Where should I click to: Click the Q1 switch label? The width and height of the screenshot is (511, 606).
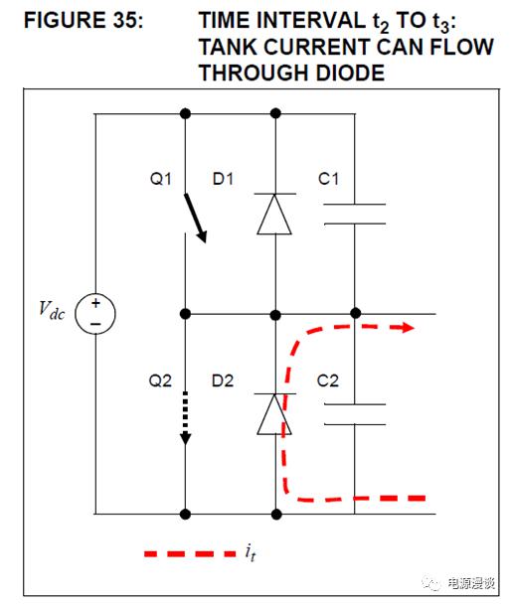160,179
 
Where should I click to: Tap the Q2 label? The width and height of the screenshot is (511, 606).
160,381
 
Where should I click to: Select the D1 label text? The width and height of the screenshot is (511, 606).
223,179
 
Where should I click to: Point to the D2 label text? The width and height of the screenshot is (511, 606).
223,381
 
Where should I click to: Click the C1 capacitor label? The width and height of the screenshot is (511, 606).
328,179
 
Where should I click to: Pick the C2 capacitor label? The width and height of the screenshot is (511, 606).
328,381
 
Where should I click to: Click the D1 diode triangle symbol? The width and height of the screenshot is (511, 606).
274,214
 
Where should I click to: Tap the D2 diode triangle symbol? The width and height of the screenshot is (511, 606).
274,414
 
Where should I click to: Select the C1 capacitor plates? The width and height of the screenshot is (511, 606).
354,214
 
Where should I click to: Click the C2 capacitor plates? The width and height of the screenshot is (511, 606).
354,414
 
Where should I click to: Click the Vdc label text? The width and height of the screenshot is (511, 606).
52,310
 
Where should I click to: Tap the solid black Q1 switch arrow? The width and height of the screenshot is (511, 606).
195,219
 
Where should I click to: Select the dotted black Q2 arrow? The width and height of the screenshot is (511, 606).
185,418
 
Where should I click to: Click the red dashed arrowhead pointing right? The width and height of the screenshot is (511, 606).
407,328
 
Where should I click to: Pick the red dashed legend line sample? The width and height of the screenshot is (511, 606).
190,553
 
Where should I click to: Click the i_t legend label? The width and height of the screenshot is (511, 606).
251,552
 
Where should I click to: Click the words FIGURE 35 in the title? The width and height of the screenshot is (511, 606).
84,20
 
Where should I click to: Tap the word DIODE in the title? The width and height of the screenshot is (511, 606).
350,73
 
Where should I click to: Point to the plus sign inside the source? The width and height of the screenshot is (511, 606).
95,303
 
